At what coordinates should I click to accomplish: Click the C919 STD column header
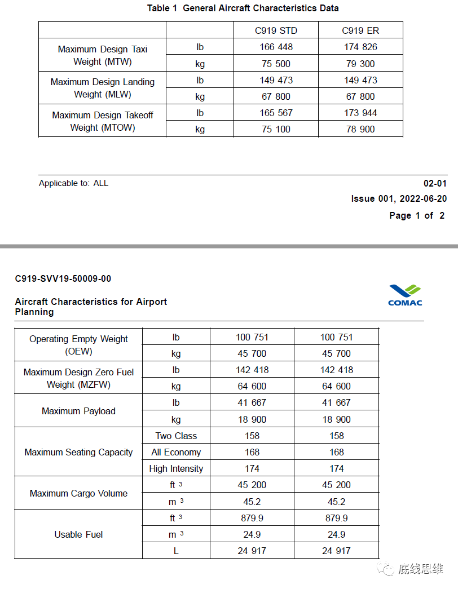[x=276, y=30]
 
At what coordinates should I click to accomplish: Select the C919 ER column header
[x=360, y=30]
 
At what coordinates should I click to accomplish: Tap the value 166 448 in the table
[x=276, y=47]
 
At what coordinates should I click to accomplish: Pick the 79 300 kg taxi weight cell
[x=360, y=64]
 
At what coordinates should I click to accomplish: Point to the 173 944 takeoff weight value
[x=360, y=113]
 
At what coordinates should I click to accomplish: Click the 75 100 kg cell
[x=276, y=129]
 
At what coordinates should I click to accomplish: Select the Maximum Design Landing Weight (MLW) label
[x=103, y=88]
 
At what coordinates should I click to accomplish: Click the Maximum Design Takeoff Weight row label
[x=103, y=121]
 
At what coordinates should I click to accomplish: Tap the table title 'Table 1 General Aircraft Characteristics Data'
[x=243, y=8]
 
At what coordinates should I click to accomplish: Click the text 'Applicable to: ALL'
[x=73, y=183]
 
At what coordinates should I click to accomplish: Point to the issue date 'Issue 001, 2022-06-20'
[x=399, y=198]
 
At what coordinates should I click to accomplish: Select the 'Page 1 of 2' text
[x=417, y=215]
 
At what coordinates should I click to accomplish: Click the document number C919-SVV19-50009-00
[x=63, y=278]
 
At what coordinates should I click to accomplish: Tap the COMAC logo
[x=405, y=295]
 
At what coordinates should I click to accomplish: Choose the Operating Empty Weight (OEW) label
[x=78, y=345]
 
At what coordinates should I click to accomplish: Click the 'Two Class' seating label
[x=176, y=436]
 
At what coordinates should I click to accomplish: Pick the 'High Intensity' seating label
[x=176, y=468]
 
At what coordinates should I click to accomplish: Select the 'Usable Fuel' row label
[x=78, y=534]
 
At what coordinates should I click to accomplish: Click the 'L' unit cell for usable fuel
[x=176, y=551]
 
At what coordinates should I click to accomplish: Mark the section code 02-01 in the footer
[x=435, y=183]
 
